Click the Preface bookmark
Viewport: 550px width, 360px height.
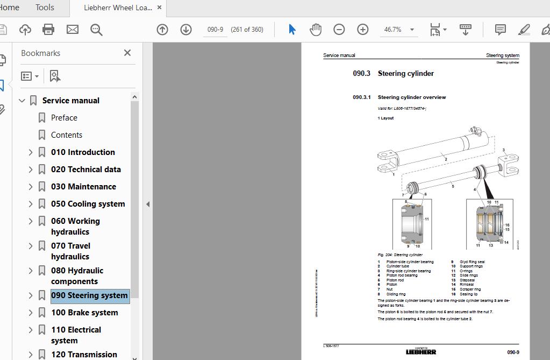(x=64, y=118)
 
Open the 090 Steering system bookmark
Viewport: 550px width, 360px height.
(x=89, y=295)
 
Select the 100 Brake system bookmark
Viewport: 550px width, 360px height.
(x=84, y=313)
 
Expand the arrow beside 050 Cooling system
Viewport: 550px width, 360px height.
(x=31, y=204)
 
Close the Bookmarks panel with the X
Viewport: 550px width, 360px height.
(x=127, y=53)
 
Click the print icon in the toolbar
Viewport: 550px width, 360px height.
(x=48, y=30)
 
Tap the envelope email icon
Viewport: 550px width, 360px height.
(x=73, y=30)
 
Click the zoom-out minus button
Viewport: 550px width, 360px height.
(x=339, y=30)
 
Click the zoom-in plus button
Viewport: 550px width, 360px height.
(x=363, y=30)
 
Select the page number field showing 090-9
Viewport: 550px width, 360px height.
(x=216, y=30)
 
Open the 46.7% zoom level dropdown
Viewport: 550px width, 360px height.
(x=412, y=30)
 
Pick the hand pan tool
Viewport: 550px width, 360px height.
(x=316, y=30)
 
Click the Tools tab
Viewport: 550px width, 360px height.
(x=45, y=8)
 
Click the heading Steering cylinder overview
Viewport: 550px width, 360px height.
(x=412, y=97)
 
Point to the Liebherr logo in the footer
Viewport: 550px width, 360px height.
(x=421, y=352)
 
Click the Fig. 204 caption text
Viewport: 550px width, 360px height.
(x=400, y=255)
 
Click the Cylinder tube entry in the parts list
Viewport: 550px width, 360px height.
(x=398, y=266)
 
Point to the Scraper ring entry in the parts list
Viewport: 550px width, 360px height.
(x=470, y=290)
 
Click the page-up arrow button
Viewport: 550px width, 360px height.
(x=162, y=30)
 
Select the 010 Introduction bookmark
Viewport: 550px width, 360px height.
(x=83, y=152)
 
